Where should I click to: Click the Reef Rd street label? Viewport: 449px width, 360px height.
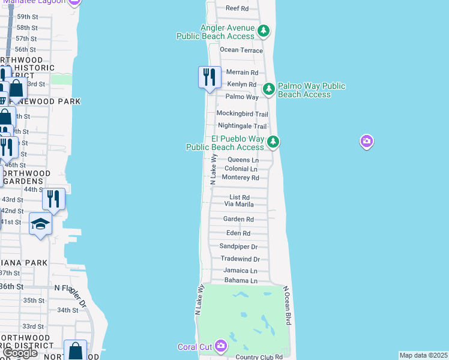pos(237,8)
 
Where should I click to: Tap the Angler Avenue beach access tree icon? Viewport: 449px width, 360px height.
pos(263,31)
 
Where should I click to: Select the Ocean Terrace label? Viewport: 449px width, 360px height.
pos(241,50)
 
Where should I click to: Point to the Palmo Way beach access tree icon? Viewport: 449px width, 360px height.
pos(269,89)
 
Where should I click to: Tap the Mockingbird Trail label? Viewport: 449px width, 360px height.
pos(242,113)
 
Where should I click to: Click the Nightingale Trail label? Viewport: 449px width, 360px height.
pos(242,126)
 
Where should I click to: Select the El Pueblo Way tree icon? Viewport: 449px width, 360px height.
pos(273,142)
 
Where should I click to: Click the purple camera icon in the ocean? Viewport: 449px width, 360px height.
pos(367,142)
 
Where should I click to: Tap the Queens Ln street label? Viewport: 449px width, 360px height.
pos(243,160)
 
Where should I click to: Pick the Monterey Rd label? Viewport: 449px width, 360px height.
pos(240,178)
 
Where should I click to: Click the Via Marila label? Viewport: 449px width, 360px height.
pos(239,204)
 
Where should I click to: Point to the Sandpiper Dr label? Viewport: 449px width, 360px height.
pos(238,247)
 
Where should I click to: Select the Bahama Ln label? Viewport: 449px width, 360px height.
pos(241,280)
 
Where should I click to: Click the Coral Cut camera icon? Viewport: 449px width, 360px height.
pos(221,346)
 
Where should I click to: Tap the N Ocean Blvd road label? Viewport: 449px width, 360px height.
pos(288,305)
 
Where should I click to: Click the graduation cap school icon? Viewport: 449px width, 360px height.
pos(40,224)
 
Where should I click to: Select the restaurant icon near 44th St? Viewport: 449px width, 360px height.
pos(54,199)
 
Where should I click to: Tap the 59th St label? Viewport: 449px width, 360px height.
pos(26,17)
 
